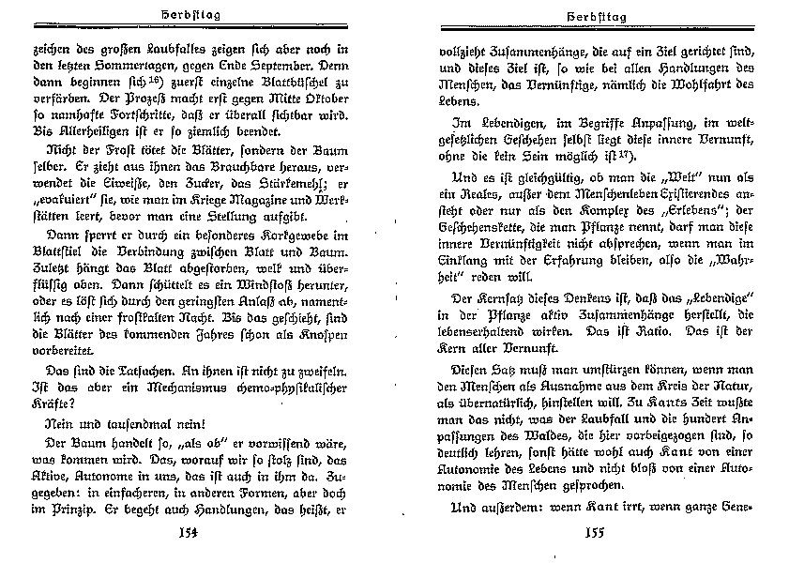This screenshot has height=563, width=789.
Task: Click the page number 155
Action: [598, 536]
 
